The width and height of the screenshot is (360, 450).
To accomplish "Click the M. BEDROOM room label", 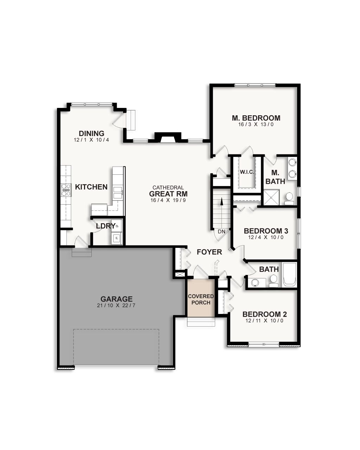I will (256, 118).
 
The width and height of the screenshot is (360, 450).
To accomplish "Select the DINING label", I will (91, 134).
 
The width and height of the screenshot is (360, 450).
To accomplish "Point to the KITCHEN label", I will (91, 187).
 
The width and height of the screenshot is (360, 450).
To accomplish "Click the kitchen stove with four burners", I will (66, 190).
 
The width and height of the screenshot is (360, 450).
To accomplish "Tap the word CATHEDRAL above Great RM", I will (168, 188).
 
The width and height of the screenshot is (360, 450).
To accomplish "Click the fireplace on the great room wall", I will (168, 137).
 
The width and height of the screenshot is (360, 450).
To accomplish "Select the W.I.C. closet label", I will (247, 172).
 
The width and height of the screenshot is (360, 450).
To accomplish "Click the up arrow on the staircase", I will (221, 202).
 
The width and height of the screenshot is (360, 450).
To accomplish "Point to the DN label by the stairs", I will (221, 232).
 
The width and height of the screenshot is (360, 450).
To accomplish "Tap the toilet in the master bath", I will (289, 198).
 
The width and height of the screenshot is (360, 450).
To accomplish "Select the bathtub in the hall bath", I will (290, 275).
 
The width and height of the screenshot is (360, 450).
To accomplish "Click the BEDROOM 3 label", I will (266, 231).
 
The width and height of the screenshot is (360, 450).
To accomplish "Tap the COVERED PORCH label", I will (201, 300).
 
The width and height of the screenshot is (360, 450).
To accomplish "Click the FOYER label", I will (209, 252).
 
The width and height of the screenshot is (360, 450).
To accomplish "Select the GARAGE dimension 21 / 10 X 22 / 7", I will (116, 306).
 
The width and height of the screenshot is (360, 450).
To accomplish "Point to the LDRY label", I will (105, 226).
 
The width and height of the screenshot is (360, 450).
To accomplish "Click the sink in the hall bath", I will (256, 282).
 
